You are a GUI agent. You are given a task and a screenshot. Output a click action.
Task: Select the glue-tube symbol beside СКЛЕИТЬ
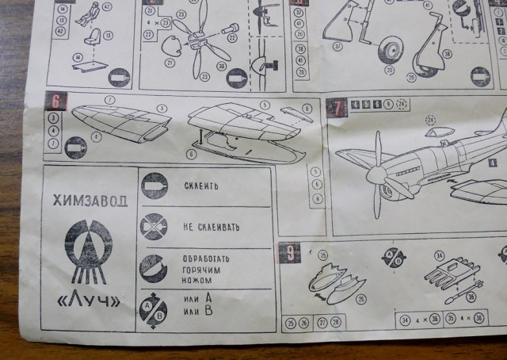click(154, 186)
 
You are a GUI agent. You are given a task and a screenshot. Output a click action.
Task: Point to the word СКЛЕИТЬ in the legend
click(200, 186)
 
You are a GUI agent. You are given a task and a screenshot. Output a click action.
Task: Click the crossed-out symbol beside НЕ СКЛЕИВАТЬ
click(154, 227)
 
